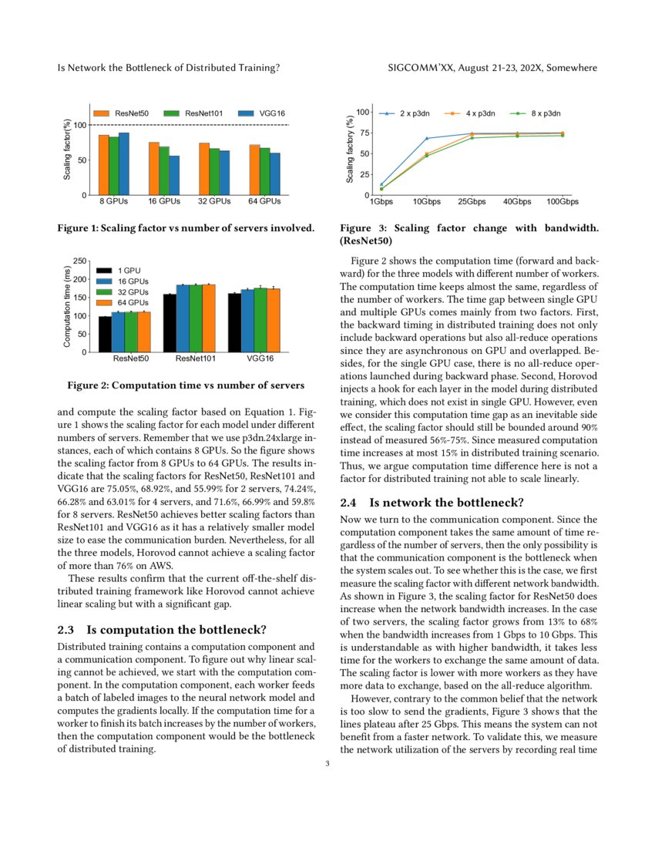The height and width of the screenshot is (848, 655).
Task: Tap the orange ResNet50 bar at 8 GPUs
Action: [103, 164]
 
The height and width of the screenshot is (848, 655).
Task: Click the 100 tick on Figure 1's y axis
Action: [79, 125]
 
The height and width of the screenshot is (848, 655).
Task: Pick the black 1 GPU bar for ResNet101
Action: [170, 323]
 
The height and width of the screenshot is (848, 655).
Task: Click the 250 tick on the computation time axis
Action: [82, 262]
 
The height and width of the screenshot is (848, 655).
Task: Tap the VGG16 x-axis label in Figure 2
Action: [259, 359]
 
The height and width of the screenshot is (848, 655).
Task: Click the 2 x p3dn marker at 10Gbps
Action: [427, 139]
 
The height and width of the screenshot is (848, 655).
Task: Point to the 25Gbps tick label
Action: [472, 202]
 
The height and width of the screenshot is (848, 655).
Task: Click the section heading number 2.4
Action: [350, 503]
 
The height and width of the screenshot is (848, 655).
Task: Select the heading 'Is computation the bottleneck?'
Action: [178, 630]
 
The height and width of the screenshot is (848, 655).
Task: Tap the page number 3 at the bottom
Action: [327, 764]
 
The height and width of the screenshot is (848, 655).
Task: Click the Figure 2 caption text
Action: [186, 385]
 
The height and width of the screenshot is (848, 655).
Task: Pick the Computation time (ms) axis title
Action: [68, 307]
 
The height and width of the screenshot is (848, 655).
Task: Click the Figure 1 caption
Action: [186, 228]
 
